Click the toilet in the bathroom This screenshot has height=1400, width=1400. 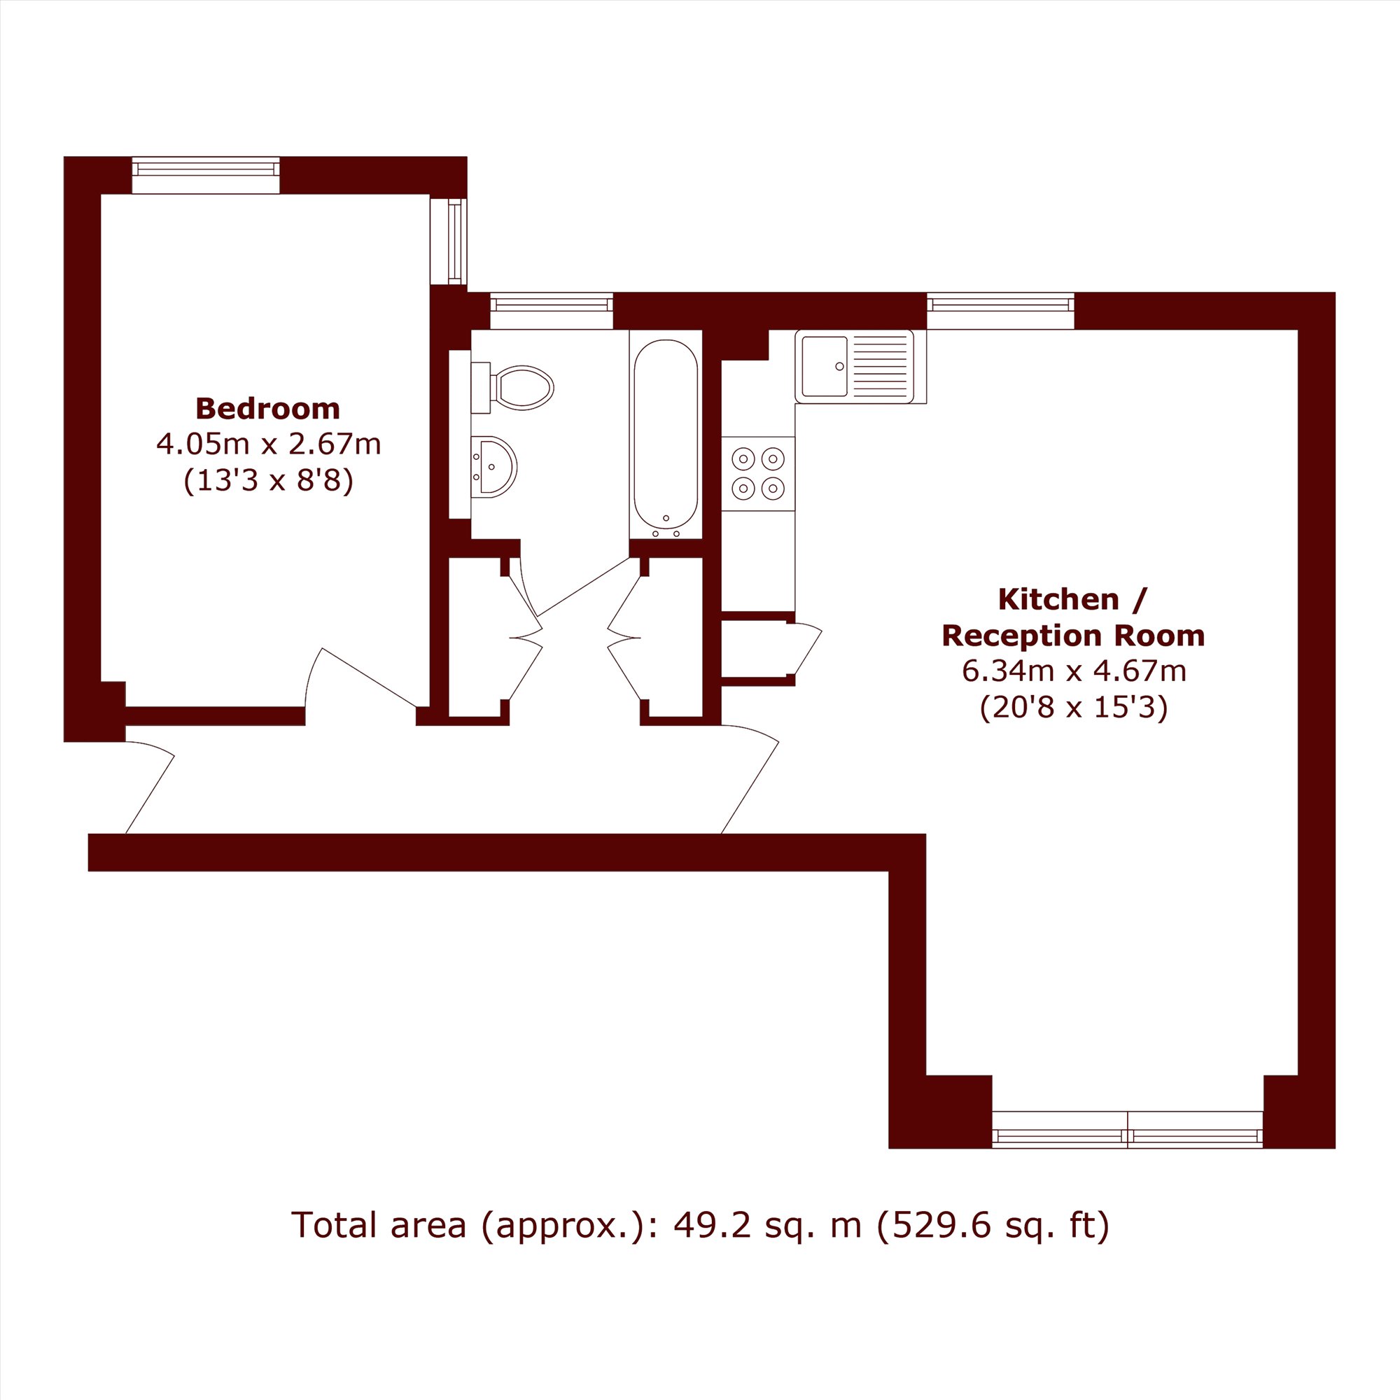pyautogui.click(x=512, y=387)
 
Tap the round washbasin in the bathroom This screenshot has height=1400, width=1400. pyautogui.click(x=494, y=466)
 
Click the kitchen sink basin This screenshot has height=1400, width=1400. pyautogui.click(x=825, y=366)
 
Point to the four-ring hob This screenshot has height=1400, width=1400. pyautogui.click(x=758, y=473)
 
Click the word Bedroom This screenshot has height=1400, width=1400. pyautogui.click(x=267, y=409)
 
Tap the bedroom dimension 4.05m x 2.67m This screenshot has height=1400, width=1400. pyautogui.click(x=268, y=444)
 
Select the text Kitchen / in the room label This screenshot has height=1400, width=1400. pyautogui.click(x=1072, y=599)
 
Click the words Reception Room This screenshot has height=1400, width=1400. pyautogui.click(x=1073, y=636)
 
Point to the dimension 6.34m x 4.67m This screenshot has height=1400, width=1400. pyautogui.click(x=1074, y=671)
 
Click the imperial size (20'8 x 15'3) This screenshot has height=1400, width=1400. pyautogui.click(x=1074, y=707)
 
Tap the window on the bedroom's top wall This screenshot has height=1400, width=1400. pyautogui.click(x=206, y=174)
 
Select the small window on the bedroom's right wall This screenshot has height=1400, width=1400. pyautogui.click(x=449, y=241)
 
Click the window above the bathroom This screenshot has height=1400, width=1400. pyautogui.click(x=552, y=310)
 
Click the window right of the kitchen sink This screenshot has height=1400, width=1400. pyautogui.click(x=1001, y=310)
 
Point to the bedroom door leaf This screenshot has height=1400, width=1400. pyautogui.click(x=369, y=678)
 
